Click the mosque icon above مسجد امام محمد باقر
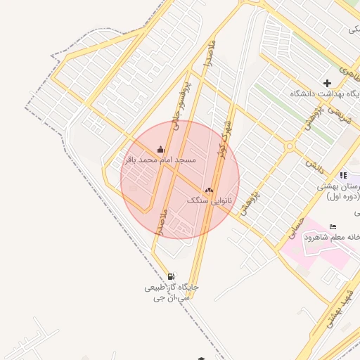161,149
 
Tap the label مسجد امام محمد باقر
160,160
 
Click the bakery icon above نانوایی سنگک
209,189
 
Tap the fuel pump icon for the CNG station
171,276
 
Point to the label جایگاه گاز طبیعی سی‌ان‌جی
172,292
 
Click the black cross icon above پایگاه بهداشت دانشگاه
327,83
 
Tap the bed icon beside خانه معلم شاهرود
333,226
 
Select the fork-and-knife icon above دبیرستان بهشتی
342,175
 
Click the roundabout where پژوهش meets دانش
289,146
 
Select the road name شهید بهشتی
335,310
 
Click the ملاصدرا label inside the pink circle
163,221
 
